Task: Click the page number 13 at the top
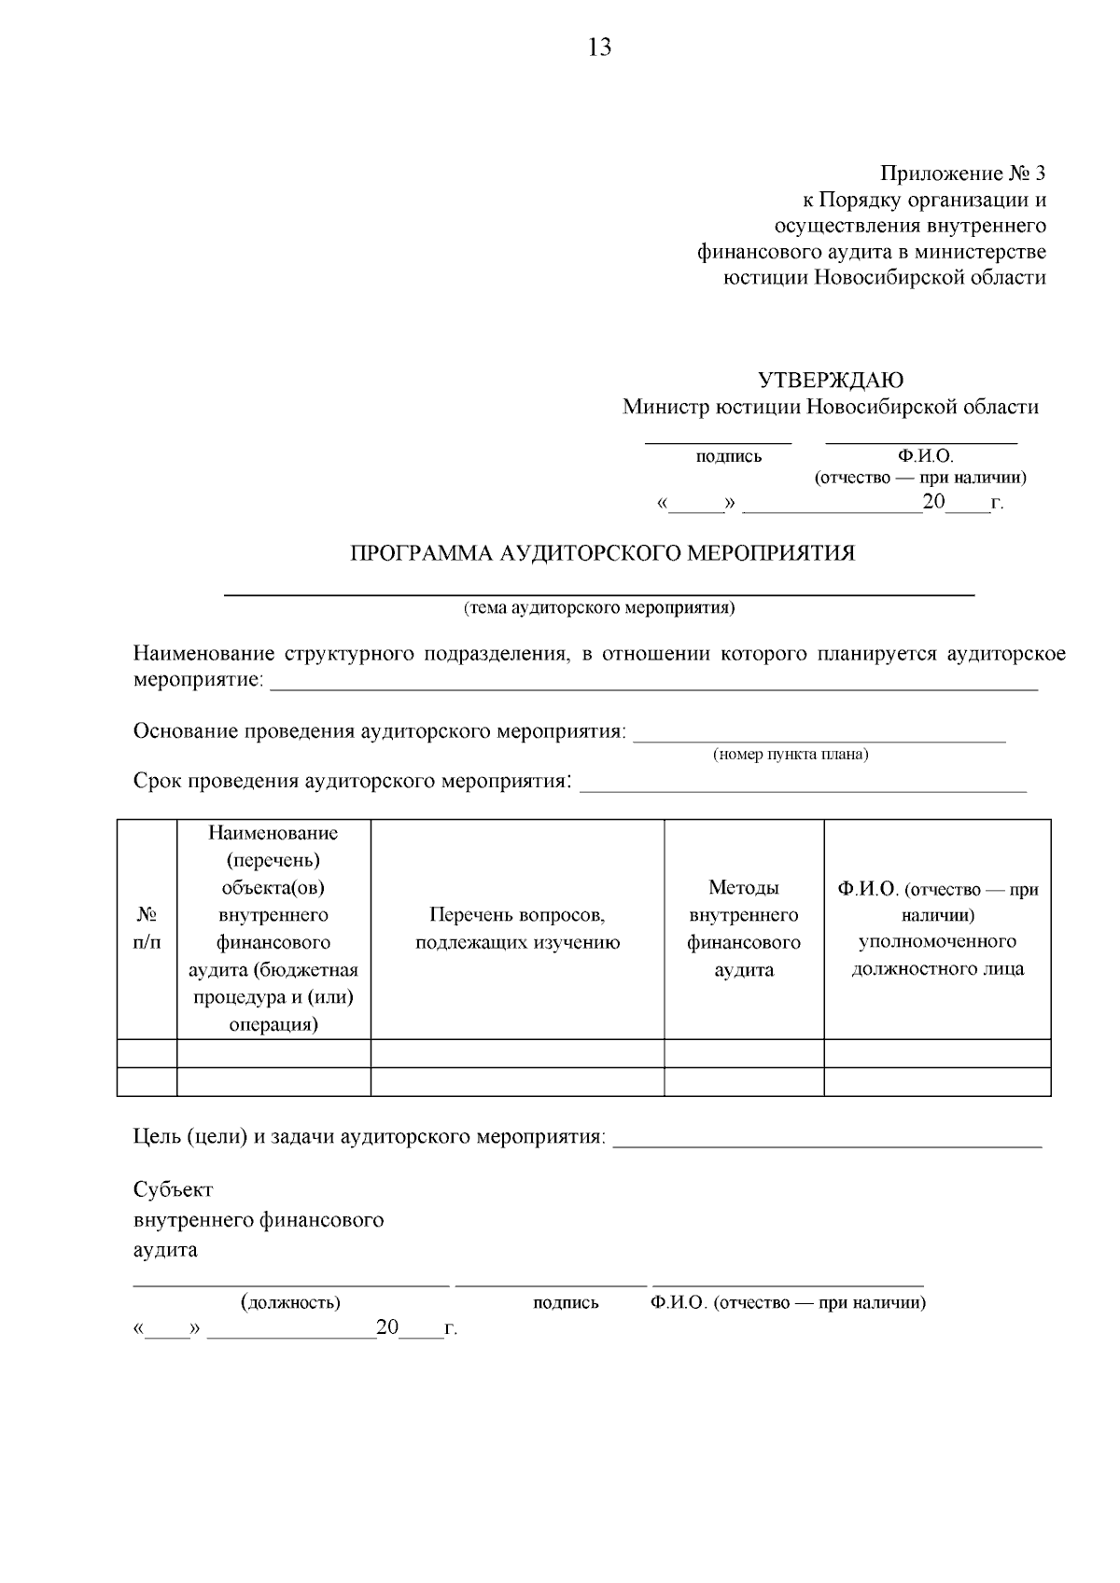pos(599,48)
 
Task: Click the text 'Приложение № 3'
pos(962,174)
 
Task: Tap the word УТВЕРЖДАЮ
pos(830,381)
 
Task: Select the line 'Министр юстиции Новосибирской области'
pos(830,407)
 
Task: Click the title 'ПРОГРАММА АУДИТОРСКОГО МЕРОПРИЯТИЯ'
pos(602,553)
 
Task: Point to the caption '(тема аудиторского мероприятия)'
pos(599,608)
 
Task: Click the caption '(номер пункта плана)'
pos(790,755)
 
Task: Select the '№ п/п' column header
pos(147,929)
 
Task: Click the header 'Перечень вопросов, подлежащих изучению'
pos(517,929)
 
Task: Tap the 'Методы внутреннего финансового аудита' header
pos(744,929)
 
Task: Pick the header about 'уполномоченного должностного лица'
pos(937,929)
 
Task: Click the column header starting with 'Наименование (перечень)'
pos(273,929)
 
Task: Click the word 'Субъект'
pos(173,1189)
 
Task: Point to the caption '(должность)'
pos(289,1302)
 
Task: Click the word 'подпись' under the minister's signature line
pos(728,456)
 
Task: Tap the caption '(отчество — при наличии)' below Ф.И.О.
pos(920,478)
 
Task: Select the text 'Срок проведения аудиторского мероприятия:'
pos(353,781)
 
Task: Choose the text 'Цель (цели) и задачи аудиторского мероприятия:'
pos(370,1137)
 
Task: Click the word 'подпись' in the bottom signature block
pos(566,1302)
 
